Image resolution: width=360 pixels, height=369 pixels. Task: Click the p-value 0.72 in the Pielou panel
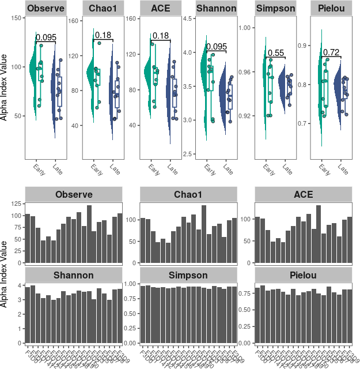[331, 52]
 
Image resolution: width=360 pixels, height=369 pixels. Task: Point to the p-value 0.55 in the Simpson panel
[276, 53]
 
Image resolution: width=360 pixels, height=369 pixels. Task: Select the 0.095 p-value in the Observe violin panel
[46, 37]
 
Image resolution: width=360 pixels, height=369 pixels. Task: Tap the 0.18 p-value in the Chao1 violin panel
[103, 36]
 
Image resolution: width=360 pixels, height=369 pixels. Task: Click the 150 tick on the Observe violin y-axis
[17, 19]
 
